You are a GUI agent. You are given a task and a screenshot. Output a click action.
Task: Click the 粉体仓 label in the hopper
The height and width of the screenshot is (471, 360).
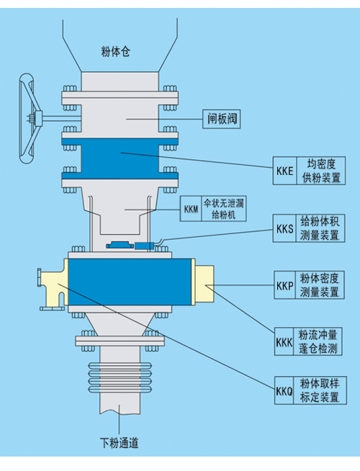(116, 52)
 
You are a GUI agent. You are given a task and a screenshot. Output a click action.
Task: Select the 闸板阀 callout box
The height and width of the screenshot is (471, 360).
(222, 119)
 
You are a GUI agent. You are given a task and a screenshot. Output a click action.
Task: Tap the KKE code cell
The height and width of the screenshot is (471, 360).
(284, 171)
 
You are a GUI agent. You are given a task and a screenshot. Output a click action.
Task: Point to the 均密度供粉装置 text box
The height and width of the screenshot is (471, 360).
(321, 171)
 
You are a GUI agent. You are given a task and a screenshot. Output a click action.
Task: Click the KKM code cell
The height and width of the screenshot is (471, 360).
(191, 209)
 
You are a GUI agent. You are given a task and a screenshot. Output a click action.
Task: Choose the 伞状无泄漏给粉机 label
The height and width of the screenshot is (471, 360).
(224, 209)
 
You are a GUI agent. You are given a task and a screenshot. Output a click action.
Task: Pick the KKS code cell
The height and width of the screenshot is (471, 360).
(284, 228)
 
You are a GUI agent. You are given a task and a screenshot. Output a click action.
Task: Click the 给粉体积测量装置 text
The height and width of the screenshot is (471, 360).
(320, 228)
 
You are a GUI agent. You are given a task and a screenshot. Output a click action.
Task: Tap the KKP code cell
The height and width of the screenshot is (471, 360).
(284, 285)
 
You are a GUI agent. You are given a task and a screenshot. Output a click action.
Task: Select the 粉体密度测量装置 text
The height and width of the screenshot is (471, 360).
(320, 285)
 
